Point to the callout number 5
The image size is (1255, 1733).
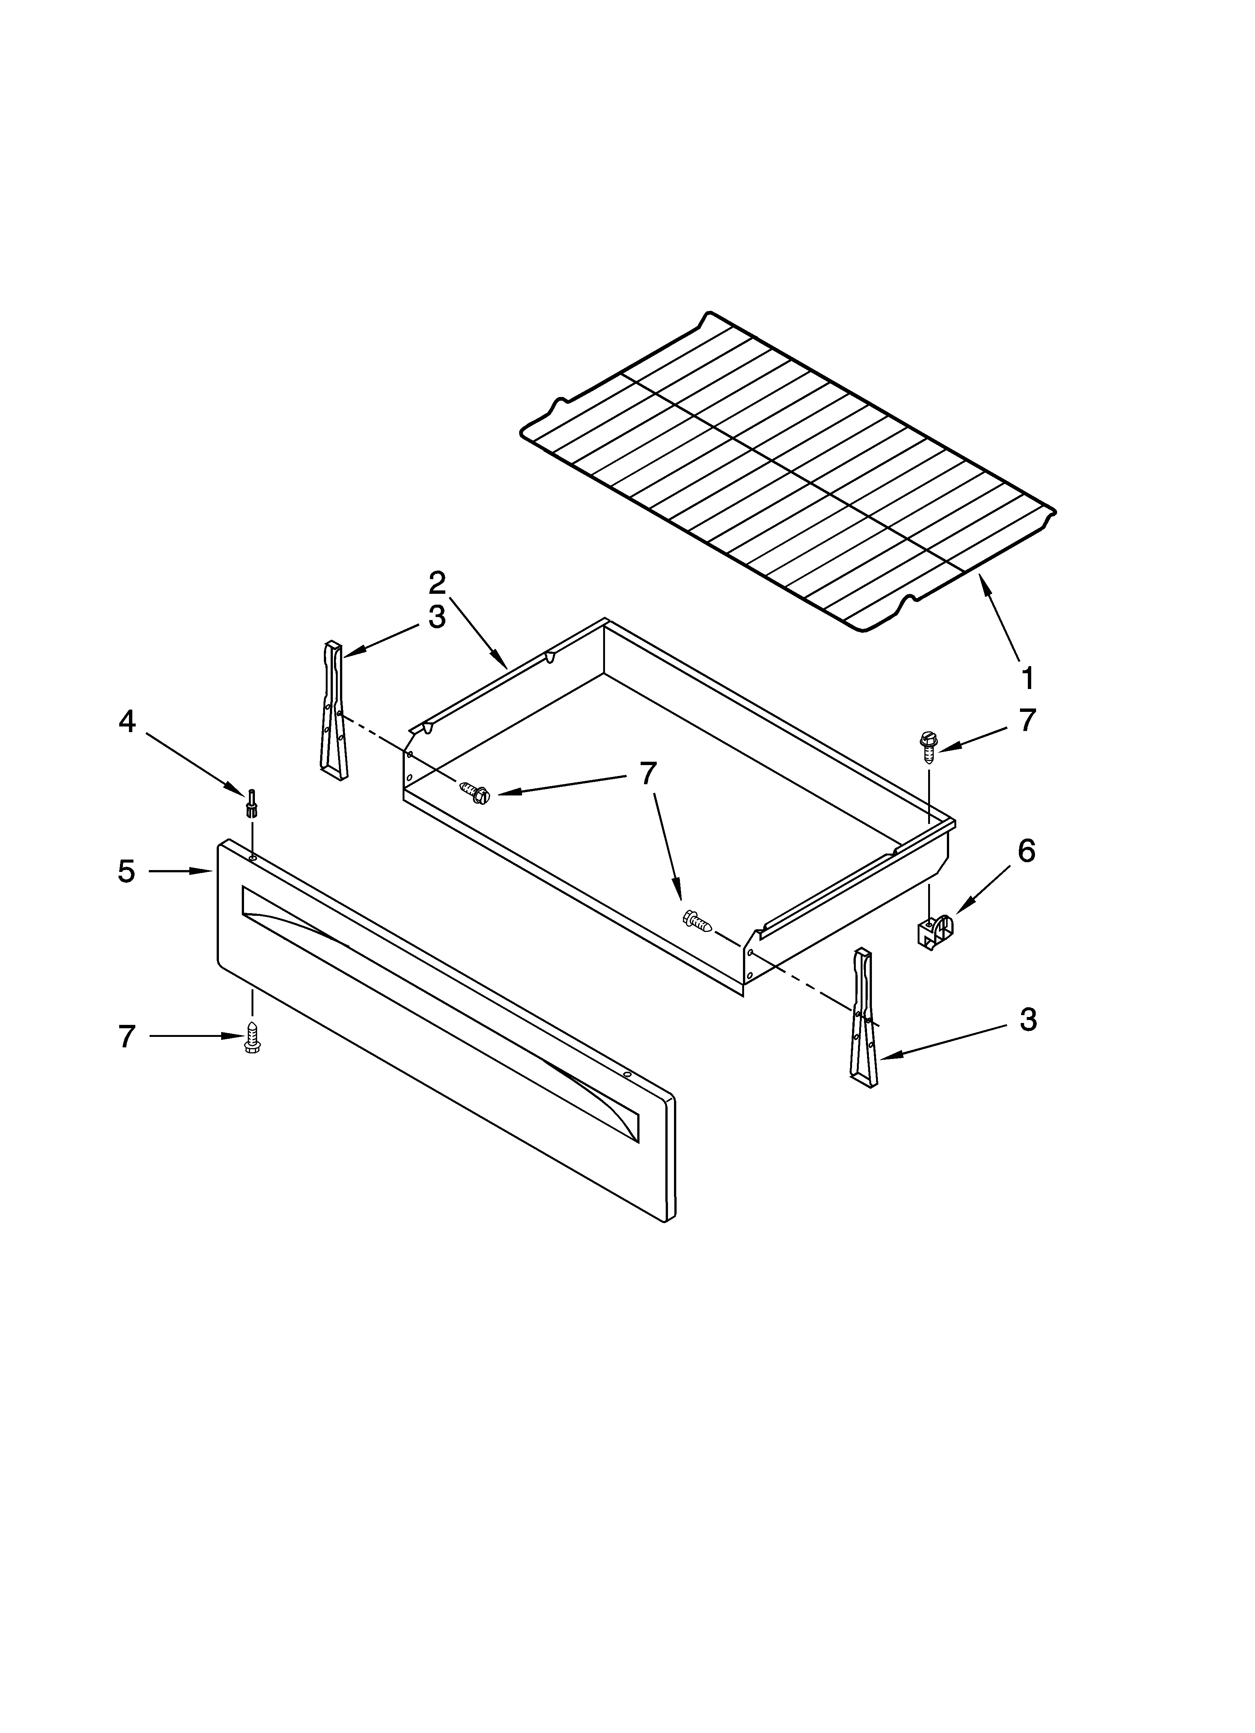click(127, 871)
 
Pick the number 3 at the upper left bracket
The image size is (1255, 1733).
click(436, 617)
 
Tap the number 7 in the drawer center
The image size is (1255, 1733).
click(648, 774)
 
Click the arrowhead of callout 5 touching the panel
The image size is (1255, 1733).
click(208, 871)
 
